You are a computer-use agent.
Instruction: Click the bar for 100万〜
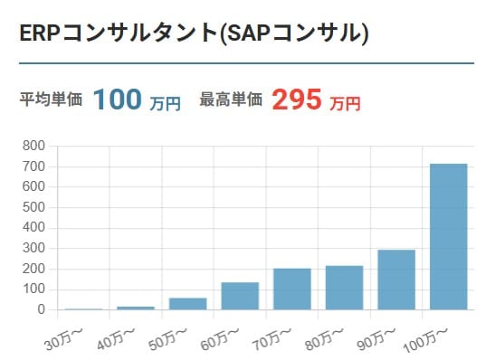[448, 237]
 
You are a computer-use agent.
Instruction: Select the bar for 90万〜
[395, 280]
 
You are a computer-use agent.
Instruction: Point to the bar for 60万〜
[240, 296]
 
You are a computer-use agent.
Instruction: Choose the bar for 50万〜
[187, 304]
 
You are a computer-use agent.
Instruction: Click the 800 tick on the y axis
[33, 146]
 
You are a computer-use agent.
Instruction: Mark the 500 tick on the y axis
[33, 207]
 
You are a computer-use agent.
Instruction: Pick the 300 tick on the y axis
[33, 248]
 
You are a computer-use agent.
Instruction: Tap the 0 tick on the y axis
[41, 309]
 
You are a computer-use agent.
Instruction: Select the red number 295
[296, 99]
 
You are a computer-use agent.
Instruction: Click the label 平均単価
[50, 99]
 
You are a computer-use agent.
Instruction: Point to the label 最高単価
[230, 99]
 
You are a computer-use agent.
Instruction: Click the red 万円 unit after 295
[346, 103]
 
